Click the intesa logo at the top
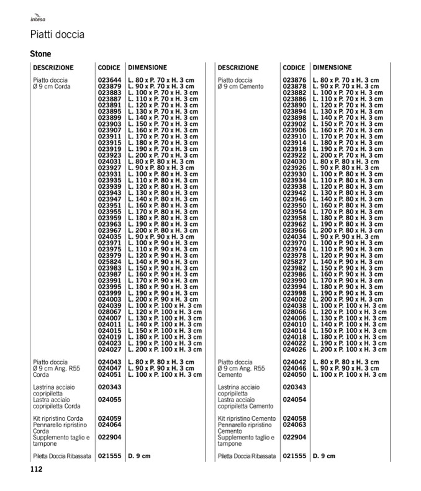(38, 19)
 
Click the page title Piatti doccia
(57, 35)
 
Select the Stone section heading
(40, 54)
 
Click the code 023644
(109, 80)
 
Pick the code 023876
(294, 80)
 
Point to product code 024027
(109, 349)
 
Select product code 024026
(294, 349)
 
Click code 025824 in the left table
(109, 263)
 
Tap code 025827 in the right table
(294, 263)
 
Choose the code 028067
(109, 311)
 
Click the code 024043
(109, 362)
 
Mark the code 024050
(294, 374)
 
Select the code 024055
(109, 399)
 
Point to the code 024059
(109, 418)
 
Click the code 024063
(294, 425)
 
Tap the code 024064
(109, 425)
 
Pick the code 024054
(294, 399)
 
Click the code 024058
(294, 418)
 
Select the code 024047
(109, 368)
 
